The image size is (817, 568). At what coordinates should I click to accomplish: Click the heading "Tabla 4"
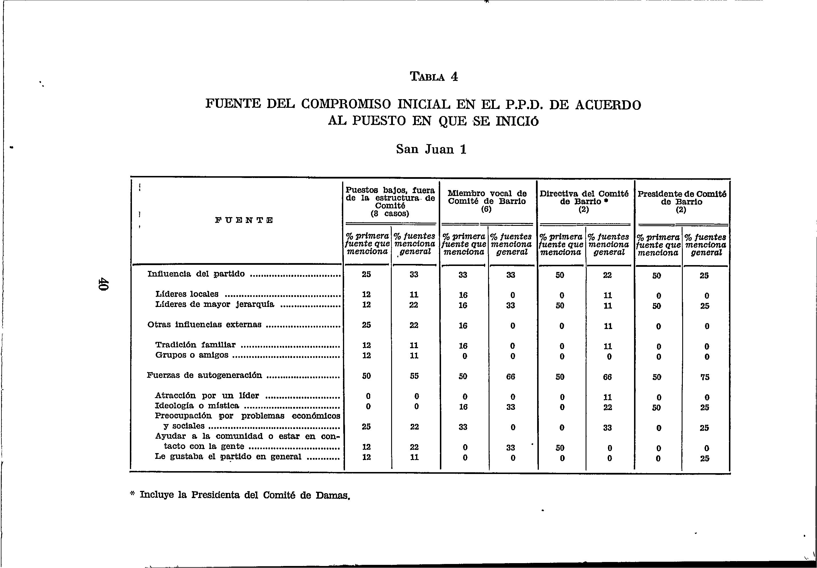(x=434, y=77)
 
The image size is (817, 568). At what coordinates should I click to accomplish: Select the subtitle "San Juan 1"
(x=431, y=149)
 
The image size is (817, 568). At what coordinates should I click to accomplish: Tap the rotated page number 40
(x=103, y=284)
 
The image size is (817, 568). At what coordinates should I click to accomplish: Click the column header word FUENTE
(x=244, y=220)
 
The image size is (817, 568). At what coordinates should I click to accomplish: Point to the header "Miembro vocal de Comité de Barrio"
(x=487, y=197)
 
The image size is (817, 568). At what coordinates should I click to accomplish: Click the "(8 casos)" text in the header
(x=390, y=214)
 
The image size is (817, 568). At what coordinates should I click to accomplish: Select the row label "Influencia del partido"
(x=196, y=274)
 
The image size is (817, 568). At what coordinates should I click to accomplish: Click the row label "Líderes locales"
(x=187, y=294)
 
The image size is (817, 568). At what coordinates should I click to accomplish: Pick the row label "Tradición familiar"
(x=195, y=345)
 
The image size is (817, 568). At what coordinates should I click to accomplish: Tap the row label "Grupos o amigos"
(x=192, y=355)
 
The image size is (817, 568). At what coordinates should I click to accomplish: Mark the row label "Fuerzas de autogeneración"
(x=204, y=375)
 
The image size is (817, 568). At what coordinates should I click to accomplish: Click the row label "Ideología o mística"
(x=197, y=406)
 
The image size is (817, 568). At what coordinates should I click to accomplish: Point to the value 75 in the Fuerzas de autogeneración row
(x=705, y=377)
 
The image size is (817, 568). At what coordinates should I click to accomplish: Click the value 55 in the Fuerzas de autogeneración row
(x=414, y=376)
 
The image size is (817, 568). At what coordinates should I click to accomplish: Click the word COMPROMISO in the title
(x=346, y=104)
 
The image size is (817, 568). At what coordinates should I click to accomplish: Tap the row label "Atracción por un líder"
(x=207, y=395)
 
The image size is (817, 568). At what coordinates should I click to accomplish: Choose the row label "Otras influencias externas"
(x=204, y=325)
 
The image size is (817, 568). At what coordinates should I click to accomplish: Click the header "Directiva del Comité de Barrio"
(x=584, y=198)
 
